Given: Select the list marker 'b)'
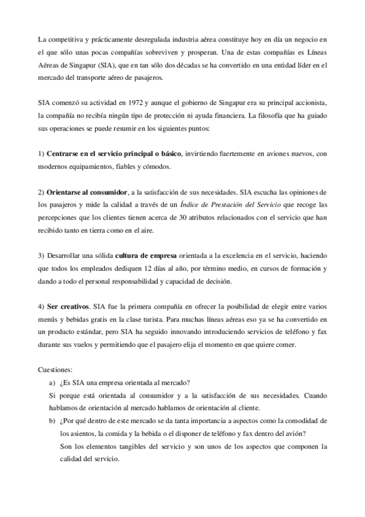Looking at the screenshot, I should click(x=52, y=421).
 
